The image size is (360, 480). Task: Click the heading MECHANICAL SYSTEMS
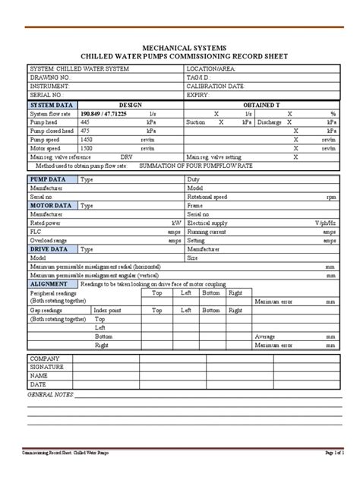[x=179, y=46]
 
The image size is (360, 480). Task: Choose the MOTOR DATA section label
[x=51, y=204]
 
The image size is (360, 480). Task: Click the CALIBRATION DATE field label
[x=216, y=86]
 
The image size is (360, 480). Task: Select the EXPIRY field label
[x=198, y=94]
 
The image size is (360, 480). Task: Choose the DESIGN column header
[x=130, y=104]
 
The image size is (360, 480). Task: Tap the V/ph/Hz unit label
[x=324, y=223]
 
